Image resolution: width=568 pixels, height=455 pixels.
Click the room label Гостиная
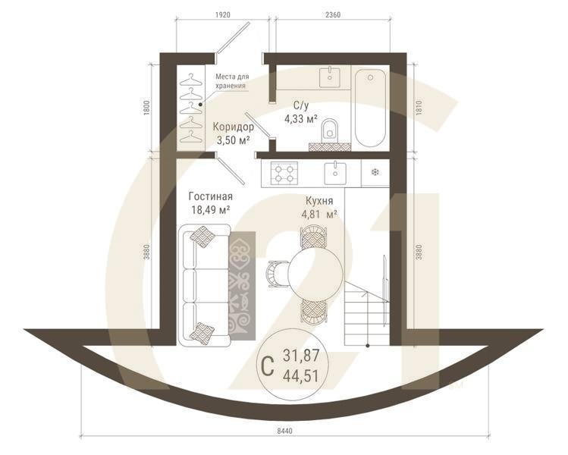pyautogui.click(x=210, y=196)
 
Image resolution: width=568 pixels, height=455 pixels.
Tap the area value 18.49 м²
pyautogui.click(x=210, y=210)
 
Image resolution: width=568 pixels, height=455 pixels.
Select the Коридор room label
pyautogui.click(x=233, y=127)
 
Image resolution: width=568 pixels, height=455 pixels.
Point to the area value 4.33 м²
pyautogui.click(x=299, y=119)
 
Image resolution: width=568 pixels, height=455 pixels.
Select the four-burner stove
pyautogui.click(x=284, y=173)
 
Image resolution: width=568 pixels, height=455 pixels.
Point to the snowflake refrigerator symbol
pyautogui.click(x=374, y=173)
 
